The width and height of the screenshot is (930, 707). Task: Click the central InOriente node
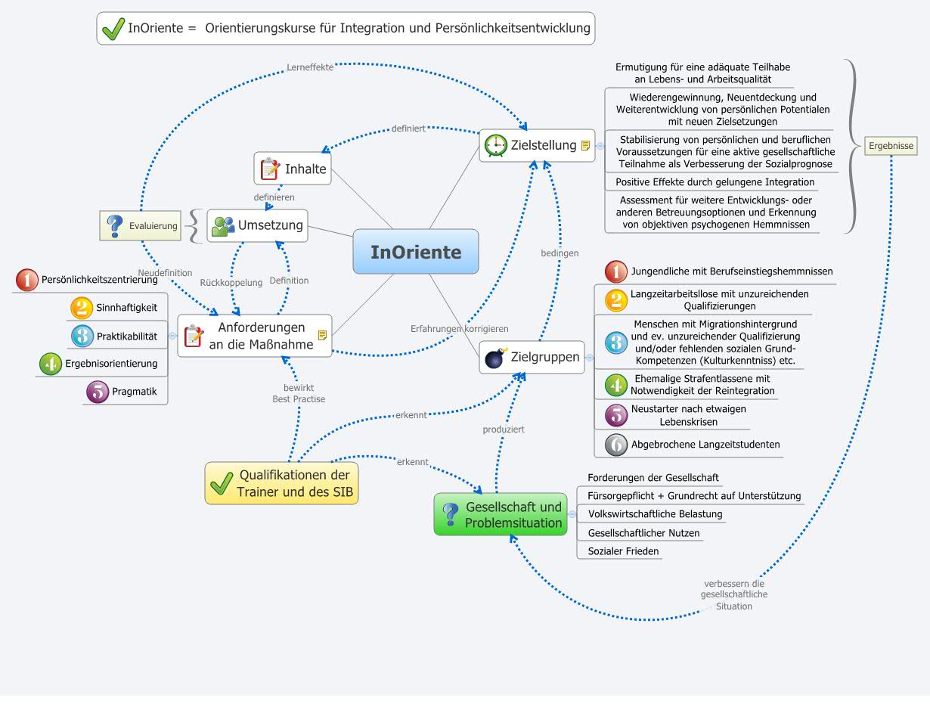(x=416, y=252)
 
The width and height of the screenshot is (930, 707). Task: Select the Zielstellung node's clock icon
(x=495, y=145)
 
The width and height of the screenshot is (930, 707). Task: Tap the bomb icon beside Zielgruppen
(x=495, y=357)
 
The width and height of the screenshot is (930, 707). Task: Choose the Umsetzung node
(x=258, y=225)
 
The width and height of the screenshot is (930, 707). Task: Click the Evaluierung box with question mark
(x=141, y=225)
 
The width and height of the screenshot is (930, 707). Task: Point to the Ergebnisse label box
(x=891, y=146)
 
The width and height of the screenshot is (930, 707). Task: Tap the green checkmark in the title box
(x=113, y=29)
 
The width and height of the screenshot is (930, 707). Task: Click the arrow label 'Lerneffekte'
(x=310, y=67)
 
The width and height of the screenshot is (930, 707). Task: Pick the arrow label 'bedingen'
(x=560, y=253)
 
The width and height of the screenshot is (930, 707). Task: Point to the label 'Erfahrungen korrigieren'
(x=459, y=329)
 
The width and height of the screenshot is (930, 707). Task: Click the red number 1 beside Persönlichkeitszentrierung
(x=26, y=281)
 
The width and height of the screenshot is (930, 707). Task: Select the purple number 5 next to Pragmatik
(x=98, y=392)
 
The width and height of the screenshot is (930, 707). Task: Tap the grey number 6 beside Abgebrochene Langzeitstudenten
(x=616, y=445)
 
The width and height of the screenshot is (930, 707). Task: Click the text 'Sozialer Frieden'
(x=623, y=551)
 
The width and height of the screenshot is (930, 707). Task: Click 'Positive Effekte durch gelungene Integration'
(x=715, y=182)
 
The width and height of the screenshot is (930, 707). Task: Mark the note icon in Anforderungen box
(x=323, y=335)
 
